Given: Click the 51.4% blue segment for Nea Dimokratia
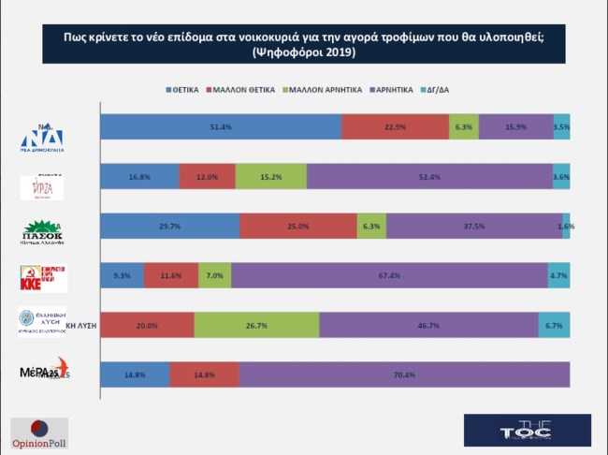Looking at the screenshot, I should click(x=221, y=126).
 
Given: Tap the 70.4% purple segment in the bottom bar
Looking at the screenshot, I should click(x=404, y=374).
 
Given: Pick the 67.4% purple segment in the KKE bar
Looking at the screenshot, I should click(x=389, y=275).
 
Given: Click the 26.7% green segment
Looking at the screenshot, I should click(x=256, y=325).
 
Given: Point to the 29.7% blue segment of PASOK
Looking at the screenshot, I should click(x=170, y=226).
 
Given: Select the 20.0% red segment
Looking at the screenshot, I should click(x=147, y=325).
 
